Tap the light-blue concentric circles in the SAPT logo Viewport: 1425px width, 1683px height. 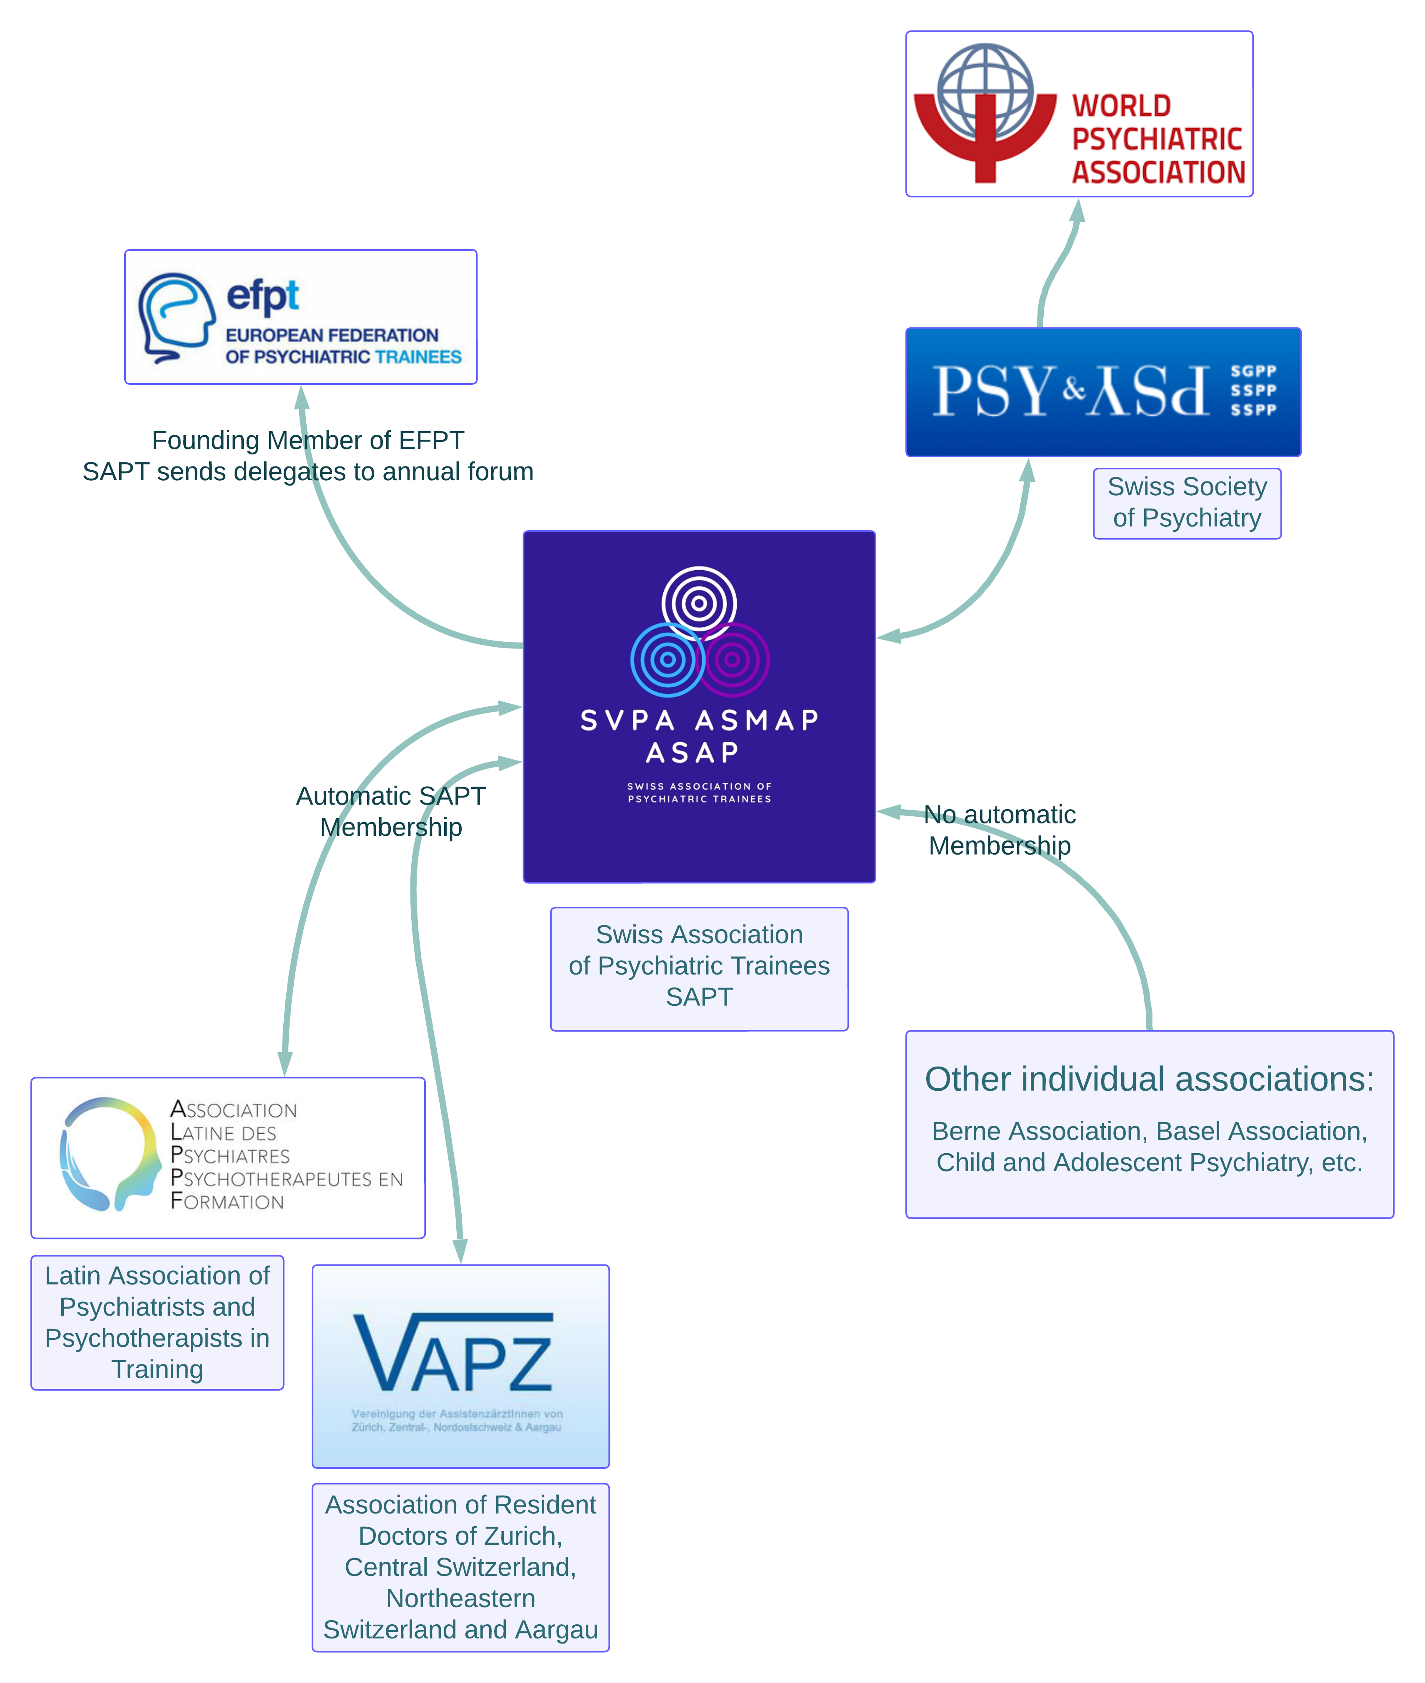pos(667,660)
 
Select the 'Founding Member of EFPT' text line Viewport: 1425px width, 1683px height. pos(308,440)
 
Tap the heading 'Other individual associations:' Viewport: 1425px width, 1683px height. pos(1149,1079)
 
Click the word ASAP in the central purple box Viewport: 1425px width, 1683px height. pos(692,753)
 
